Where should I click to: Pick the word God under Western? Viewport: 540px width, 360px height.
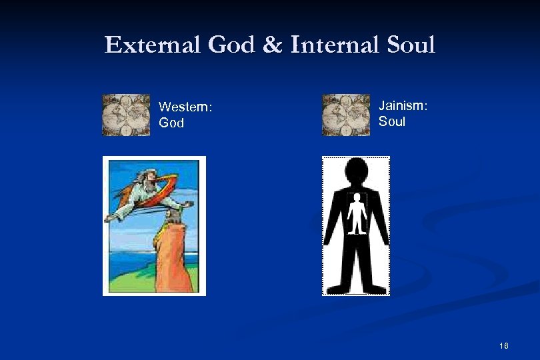point(171,123)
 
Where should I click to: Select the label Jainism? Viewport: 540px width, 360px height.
point(403,105)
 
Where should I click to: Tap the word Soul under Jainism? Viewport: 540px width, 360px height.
point(392,121)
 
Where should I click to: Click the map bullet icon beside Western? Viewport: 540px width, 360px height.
point(126,115)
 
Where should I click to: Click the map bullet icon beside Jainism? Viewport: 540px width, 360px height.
point(345,115)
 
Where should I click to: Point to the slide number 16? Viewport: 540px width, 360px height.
point(503,345)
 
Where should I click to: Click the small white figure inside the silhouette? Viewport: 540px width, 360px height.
point(358,214)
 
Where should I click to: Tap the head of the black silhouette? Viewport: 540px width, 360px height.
point(357,171)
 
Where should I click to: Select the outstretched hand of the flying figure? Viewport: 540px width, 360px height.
point(189,205)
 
